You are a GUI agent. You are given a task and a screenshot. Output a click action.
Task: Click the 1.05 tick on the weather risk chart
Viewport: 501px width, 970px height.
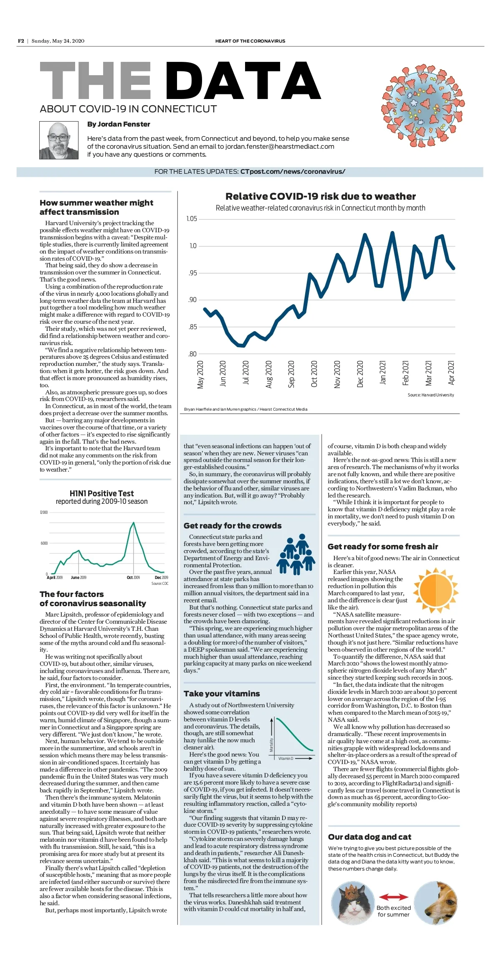coord(191,219)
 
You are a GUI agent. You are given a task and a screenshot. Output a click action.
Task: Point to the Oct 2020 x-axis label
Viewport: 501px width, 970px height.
coord(314,374)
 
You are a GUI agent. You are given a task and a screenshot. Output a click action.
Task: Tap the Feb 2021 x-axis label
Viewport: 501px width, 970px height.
coord(405,373)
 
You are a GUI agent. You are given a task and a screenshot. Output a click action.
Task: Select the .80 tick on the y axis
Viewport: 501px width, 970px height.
coord(192,354)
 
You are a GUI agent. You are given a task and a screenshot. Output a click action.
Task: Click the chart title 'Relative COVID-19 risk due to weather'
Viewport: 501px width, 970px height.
coord(320,196)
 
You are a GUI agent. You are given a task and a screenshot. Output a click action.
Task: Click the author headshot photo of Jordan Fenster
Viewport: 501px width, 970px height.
coord(59,140)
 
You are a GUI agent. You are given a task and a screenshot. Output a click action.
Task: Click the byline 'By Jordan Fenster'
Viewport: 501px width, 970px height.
coord(119,124)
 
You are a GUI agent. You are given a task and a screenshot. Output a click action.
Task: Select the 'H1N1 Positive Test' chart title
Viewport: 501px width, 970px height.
coord(101,493)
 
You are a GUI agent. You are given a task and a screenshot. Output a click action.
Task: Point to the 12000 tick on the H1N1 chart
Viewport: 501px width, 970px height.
coord(44,513)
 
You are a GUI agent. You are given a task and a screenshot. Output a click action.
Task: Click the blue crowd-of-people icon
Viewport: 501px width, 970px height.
coord(296,554)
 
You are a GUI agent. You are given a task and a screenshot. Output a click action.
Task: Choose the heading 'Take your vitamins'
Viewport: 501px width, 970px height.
coord(222,694)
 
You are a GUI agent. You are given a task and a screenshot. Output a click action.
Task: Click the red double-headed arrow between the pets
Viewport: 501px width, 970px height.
coord(393,897)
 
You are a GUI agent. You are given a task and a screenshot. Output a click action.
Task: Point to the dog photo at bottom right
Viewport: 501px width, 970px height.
coord(436,903)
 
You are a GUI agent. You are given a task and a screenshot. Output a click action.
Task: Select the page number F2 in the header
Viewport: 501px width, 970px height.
coord(21,41)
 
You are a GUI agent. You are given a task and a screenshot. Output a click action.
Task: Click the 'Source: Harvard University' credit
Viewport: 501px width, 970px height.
coord(430,395)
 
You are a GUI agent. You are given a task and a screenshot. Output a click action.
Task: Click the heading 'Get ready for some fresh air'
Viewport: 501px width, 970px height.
coord(383,546)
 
